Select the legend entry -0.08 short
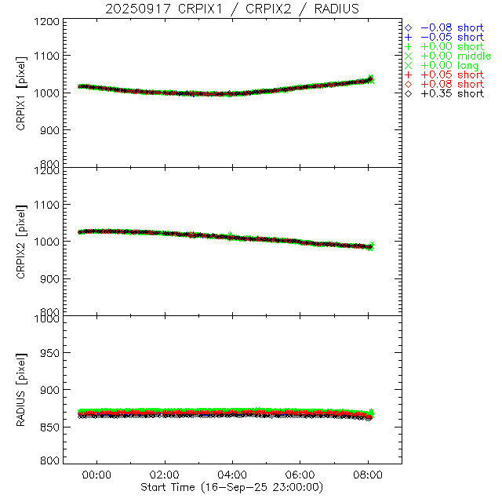(452, 26)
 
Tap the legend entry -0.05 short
(452, 37)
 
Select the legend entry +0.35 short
(452, 94)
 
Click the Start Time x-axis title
(233, 487)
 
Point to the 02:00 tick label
(165, 475)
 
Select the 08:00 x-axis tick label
(368, 475)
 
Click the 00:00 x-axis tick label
(97, 475)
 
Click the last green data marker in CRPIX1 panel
(371, 79)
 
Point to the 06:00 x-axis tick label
(300, 475)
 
